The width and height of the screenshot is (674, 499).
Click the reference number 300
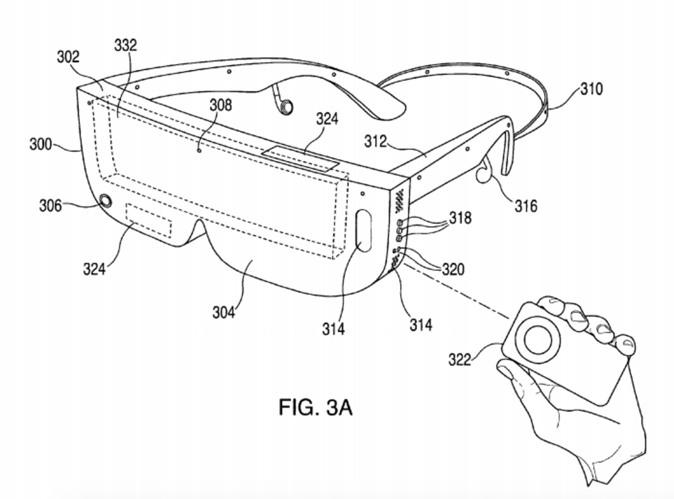40,144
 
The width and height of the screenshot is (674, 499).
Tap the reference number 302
68,57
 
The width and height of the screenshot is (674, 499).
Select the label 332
125,45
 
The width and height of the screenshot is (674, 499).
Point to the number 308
221,106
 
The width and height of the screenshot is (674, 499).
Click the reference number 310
591,89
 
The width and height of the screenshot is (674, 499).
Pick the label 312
376,141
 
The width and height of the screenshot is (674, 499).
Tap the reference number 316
526,206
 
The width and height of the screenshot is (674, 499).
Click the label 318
461,218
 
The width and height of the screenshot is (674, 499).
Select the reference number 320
453,269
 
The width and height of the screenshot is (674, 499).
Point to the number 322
460,360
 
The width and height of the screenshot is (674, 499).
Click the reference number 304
224,313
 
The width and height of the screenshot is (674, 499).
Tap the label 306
51,205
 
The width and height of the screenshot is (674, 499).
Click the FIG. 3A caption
316,408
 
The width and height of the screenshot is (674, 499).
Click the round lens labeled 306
106,201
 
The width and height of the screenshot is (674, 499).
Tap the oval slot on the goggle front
364,230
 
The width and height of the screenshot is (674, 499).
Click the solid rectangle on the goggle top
301,159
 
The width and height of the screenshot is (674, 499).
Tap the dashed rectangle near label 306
149,221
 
